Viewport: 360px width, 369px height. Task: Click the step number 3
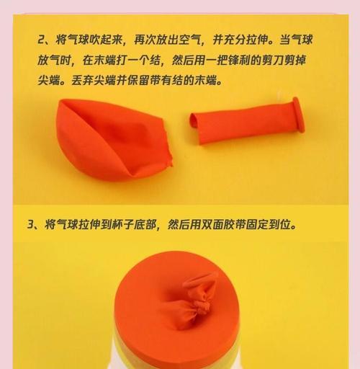tap(32, 224)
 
